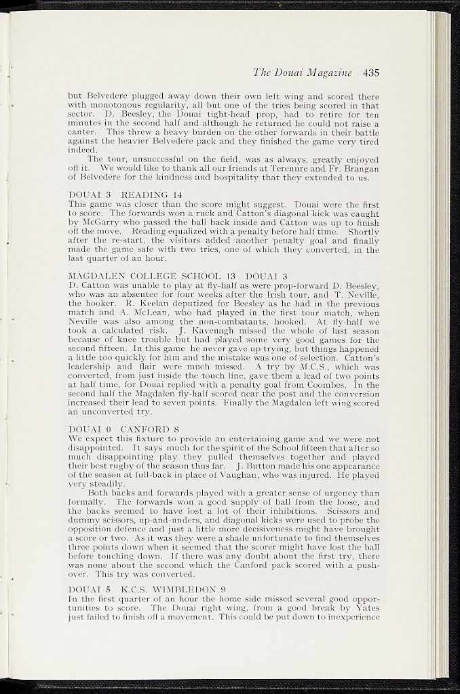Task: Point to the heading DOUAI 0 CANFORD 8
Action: [x=124, y=429]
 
